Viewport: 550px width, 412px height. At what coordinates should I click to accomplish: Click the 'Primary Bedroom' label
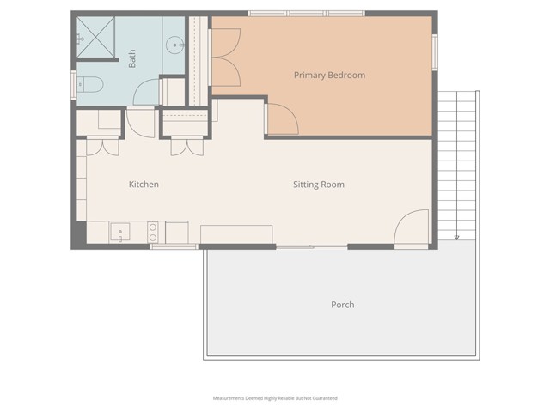[x=329, y=76]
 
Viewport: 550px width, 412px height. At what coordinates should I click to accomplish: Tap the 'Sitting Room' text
[x=318, y=185]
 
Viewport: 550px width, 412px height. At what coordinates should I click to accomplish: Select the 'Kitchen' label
[x=144, y=185]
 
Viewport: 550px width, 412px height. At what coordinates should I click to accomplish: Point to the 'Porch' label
[x=342, y=305]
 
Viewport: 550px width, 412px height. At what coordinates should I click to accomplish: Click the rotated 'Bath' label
[x=132, y=58]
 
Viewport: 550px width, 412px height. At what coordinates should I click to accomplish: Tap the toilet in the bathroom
[x=89, y=85]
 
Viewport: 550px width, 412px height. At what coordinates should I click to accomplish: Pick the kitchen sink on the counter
[x=119, y=232]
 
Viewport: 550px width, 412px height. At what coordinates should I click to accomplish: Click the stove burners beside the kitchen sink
[x=153, y=232]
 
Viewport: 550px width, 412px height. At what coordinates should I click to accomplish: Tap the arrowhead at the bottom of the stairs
[x=456, y=238]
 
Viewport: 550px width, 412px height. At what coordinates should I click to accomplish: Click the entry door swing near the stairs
[x=411, y=227]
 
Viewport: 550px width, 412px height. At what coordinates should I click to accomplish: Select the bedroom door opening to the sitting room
[x=282, y=119]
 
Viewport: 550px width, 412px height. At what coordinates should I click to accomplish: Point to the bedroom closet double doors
[x=224, y=58]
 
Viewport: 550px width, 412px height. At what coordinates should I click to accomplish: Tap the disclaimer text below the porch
[x=275, y=398]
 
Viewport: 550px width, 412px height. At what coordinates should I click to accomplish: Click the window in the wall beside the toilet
[x=74, y=85]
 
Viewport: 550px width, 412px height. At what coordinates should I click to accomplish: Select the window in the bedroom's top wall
[x=289, y=14]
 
